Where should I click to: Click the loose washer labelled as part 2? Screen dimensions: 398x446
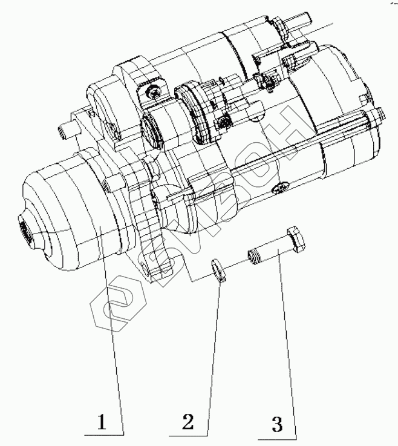pos(219,271)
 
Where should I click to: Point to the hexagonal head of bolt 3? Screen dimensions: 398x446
pos(296,239)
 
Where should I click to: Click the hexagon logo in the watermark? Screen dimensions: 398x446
pos(119,304)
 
